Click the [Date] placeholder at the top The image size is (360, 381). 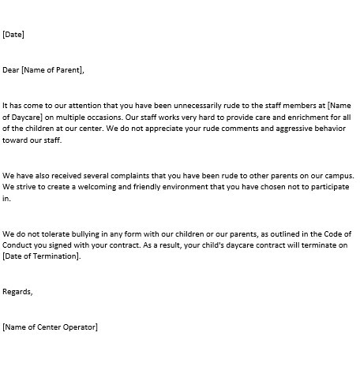[x=13, y=34]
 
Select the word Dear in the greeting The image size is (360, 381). [x=11, y=70]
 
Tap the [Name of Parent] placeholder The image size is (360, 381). [x=53, y=70]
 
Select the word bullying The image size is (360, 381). [x=85, y=235]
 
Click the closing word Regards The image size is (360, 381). [x=17, y=292]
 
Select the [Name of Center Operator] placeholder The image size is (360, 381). [x=51, y=327]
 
